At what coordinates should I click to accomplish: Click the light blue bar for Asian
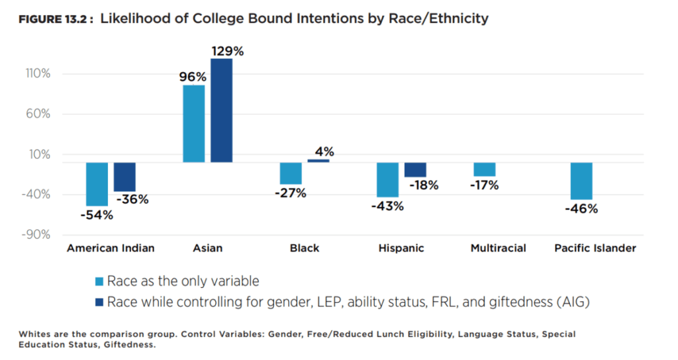[193, 124]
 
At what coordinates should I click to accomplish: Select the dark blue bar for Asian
[221, 111]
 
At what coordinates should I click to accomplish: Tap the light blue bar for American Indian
[97, 184]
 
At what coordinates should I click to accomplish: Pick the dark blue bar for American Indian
[124, 177]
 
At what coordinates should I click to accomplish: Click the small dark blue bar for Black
[318, 161]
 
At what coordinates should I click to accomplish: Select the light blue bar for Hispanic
[387, 179]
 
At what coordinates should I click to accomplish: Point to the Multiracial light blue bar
[484, 169]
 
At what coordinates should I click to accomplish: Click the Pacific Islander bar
[581, 181]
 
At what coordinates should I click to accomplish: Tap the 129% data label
[227, 50]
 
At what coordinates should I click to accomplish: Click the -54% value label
[97, 215]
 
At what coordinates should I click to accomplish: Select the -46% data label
[581, 209]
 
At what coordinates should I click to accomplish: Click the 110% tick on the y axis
[37, 73]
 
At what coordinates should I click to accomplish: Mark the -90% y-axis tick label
[37, 235]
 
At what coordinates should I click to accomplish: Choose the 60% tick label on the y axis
[38, 114]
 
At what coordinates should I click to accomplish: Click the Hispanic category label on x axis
[401, 248]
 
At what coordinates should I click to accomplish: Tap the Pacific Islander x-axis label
[595, 248]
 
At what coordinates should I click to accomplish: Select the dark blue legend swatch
[99, 302]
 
